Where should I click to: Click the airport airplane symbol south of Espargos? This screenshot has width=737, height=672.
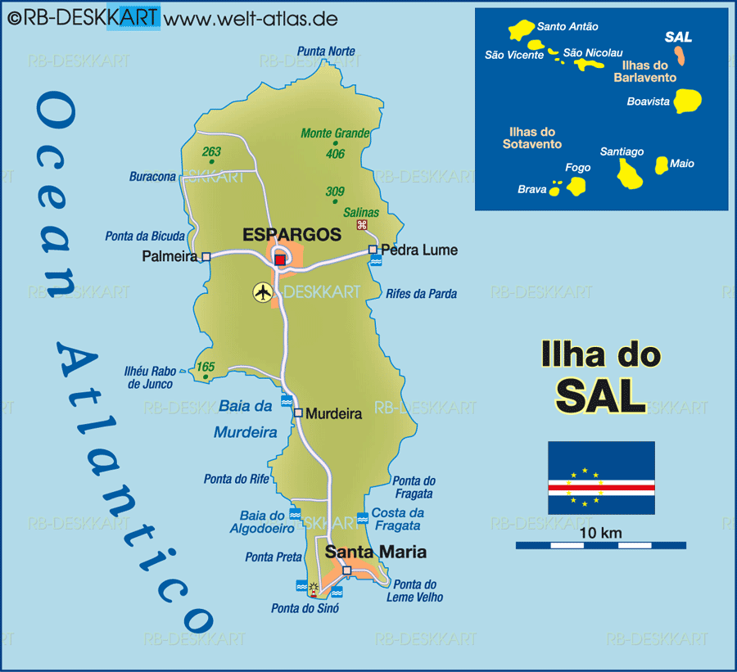[263, 291]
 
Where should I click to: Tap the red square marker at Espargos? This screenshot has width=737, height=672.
[280, 259]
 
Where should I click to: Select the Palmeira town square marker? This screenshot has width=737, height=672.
[206, 256]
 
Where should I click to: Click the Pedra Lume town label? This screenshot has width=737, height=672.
[419, 250]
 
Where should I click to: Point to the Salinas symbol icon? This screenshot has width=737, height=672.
[361, 225]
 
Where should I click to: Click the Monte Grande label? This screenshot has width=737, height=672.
[335, 133]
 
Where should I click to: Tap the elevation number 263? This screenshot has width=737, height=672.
[211, 151]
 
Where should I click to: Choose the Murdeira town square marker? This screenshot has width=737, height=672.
[298, 413]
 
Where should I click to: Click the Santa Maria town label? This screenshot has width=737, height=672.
[376, 552]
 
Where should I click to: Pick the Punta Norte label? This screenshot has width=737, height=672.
[327, 52]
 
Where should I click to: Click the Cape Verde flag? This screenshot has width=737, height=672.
[601, 478]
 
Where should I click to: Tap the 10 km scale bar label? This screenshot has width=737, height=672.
[600, 534]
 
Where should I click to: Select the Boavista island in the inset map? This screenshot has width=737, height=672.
[688, 101]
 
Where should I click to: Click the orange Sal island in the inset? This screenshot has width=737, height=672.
[680, 56]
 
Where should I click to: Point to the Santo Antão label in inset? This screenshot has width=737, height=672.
[567, 27]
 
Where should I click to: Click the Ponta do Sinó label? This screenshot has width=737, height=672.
[305, 608]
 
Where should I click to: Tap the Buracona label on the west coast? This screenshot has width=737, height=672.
[152, 176]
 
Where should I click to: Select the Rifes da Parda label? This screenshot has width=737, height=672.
[421, 293]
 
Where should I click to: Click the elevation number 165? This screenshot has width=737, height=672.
[205, 368]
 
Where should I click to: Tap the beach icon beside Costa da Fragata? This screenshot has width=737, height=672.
[363, 518]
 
